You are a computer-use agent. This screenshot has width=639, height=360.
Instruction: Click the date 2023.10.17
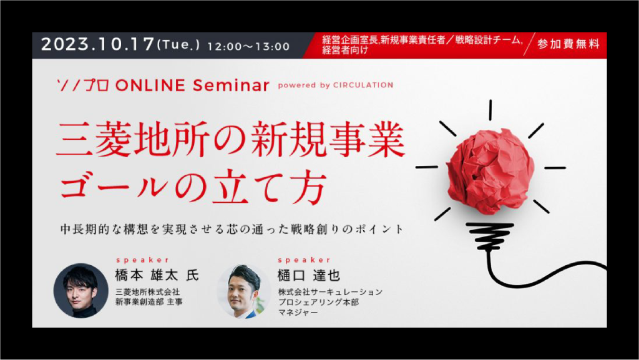pyautogui.click(x=98, y=44)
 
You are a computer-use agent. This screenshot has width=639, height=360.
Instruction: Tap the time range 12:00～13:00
pyautogui.click(x=248, y=46)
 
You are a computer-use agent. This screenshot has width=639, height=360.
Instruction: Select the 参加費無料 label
pyautogui.click(x=568, y=44)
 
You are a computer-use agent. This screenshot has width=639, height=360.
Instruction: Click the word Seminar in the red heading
pyautogui.click(x=231, y=85)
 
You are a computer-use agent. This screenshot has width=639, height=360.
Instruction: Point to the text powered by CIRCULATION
pyautogui.click(x=335, y=85)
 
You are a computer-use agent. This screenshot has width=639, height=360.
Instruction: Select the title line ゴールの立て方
pyautogui.click(x=193, y=187)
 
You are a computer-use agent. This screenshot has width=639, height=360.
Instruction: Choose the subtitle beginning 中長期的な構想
pyautogui.click(x=232, y=229)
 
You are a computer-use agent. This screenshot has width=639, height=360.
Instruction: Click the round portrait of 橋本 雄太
pyautogui.click(x=81, y=290)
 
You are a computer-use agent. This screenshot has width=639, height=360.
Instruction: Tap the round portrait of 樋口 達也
pyautogui.click(x=244, y=291)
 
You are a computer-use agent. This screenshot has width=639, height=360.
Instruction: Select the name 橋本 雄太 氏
pyautogui.click(x=157, y=275)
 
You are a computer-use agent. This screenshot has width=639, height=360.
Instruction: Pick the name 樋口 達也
pyautogui.click(x=308, y=275)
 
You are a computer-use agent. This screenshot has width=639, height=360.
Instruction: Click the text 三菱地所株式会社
pyautogui.click(x=147, y=292)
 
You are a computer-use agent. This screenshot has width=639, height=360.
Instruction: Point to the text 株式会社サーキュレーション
pyautogui.click(x=330, y=292)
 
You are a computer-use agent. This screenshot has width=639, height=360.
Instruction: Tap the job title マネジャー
pyautogui.click(x=298, y=313)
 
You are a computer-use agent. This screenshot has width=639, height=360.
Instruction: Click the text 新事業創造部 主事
pyautogui.click(x=149, y=302)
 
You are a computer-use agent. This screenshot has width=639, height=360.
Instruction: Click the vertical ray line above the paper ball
pyautogui.click(x=490, y=110)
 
